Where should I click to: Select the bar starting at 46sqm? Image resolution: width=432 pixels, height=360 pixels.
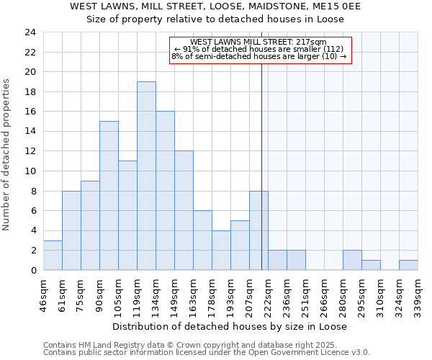53,255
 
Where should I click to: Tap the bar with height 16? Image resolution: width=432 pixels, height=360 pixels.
165,191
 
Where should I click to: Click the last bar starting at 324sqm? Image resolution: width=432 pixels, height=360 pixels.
408,265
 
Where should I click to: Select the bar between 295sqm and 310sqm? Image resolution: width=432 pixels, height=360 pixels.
371,265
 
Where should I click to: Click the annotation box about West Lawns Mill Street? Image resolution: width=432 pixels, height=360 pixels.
260,50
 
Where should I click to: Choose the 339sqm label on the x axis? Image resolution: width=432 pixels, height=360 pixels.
418,295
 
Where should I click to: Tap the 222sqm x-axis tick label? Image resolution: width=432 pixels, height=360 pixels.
269,295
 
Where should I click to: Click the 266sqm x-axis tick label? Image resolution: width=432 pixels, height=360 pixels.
325,295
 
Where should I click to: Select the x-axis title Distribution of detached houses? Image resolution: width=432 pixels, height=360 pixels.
230,326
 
